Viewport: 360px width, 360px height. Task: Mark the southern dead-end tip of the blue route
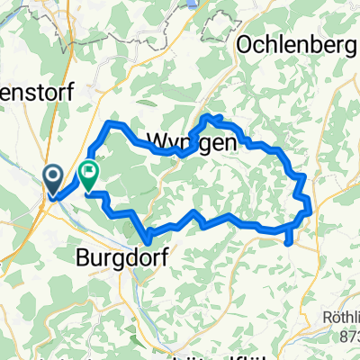(x=287, y=241)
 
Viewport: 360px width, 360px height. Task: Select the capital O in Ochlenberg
(x=245, y=44)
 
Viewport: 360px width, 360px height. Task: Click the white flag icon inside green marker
(x=89, y=170)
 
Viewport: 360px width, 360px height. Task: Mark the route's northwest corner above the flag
(x=110, y=121)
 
